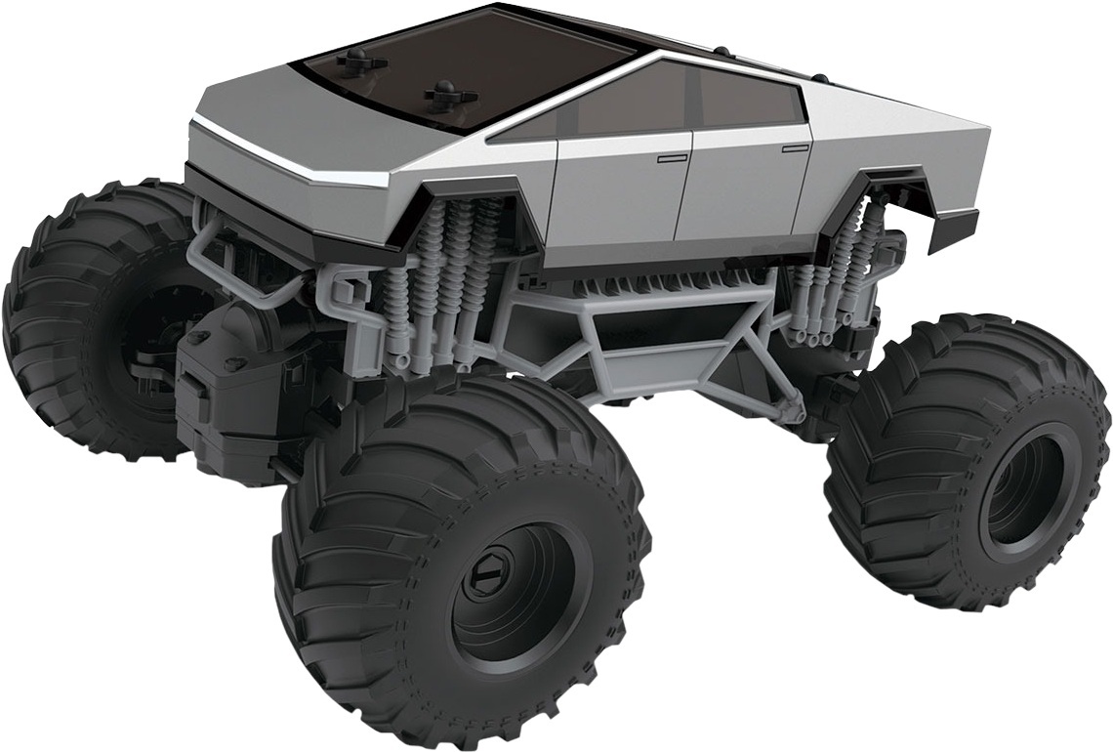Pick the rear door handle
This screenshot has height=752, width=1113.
click(x=795, y=147)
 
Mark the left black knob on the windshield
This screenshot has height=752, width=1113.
click(x=350, y=61)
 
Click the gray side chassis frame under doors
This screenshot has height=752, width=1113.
click(x=664, y=332)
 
